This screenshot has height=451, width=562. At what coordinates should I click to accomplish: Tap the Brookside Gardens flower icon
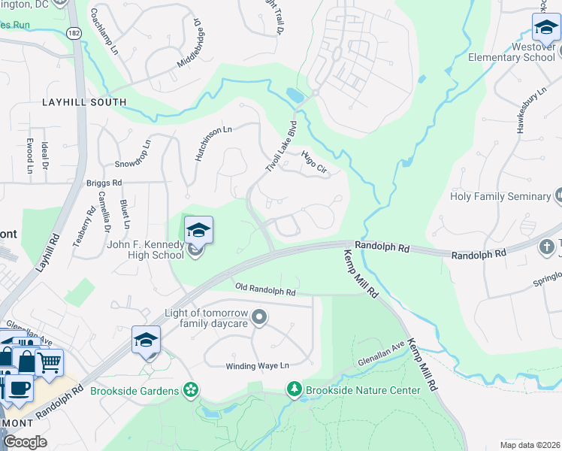click(x=192, y=389)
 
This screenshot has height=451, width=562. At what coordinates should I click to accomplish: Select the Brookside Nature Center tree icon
click(x=295, y=389)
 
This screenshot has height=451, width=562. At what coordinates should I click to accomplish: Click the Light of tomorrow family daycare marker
click(x=259, y=317)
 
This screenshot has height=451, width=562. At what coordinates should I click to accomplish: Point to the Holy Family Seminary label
click(x=500, y=197)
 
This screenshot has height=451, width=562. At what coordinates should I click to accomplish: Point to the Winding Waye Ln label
click(x=258, y=366)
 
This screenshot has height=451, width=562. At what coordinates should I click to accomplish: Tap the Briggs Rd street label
click(x=104, y=183)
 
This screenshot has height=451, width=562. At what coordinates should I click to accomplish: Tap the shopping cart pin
click(x=49, y=362)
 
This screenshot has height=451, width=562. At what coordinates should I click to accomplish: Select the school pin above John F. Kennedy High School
click(x=198, y=229)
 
